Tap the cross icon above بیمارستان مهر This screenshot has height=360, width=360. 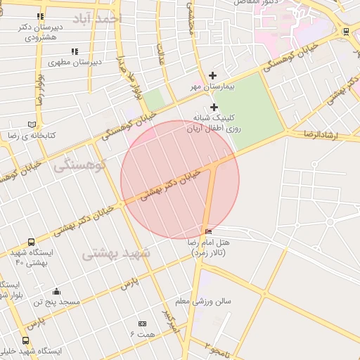click(213, 75)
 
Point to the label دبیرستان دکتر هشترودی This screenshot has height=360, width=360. click(39, 32)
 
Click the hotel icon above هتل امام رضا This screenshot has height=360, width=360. click(208, 232)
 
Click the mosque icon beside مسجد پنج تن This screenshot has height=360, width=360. click(56, 292)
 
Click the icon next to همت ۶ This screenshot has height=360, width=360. click(143, 323)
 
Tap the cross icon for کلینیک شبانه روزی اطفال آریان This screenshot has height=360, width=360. click(214, 108)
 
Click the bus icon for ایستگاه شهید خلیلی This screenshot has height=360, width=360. click(26, 341)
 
